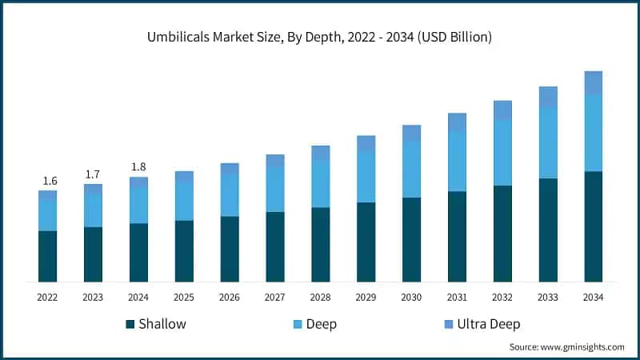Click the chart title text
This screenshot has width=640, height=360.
320,37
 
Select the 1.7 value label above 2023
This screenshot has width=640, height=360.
93,174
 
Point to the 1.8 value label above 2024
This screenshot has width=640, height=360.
138,167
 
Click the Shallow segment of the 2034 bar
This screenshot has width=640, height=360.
593,226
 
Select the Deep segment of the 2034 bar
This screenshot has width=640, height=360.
593,133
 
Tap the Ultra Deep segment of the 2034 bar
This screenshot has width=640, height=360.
593,82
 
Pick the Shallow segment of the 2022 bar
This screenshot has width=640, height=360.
48,256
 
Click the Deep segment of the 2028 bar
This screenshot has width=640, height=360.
321,183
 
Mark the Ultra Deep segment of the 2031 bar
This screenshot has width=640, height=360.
457,122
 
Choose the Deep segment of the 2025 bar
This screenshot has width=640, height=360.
184,201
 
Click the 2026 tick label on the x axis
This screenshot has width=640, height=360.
230,297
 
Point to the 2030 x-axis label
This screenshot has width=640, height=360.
411,297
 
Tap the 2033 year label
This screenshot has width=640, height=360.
547,297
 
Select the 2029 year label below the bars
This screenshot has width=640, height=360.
366,297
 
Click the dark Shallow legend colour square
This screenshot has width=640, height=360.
130,324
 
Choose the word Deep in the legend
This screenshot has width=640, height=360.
321,324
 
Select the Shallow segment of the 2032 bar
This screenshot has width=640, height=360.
502,234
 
